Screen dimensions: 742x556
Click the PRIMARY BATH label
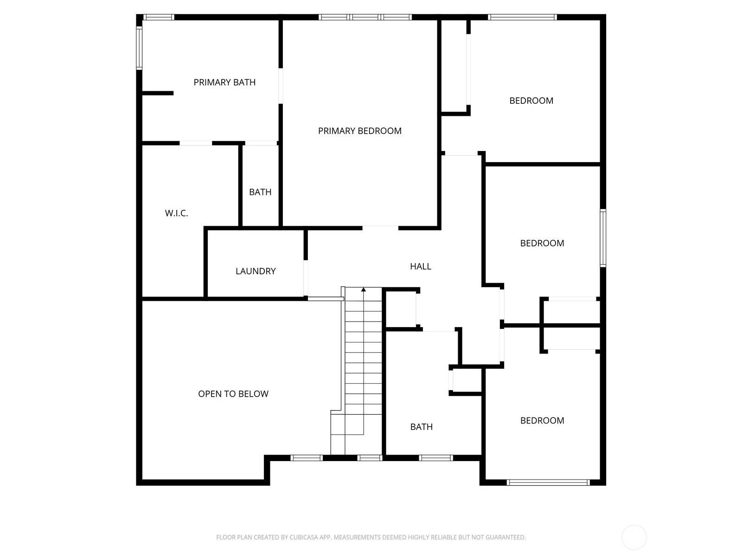click(224, 82)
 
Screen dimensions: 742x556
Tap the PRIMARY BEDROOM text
click(360, 131)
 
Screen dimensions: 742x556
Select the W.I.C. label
click(177, 213)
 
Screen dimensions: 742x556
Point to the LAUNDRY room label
click(256, 271)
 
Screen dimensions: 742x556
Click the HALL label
click(421, 266)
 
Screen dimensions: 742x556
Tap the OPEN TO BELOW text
click(233, 394)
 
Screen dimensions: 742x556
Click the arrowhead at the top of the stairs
click(364, 289)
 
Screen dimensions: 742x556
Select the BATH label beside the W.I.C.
click(260, 192)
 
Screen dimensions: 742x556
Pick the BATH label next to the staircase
click(421, 427)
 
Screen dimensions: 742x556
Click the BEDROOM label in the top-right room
click(531, 101)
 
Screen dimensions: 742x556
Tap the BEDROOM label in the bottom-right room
click(542, 420)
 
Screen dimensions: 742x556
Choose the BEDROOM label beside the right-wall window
click(542, 243)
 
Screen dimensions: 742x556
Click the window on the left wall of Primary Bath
click(139, 48)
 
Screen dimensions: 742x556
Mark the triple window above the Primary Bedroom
click(365, 17)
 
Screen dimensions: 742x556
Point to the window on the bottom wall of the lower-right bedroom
click(548, 482)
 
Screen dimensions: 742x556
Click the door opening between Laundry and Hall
click(306, 278)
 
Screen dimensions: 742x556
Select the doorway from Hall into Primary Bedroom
click(380, 228)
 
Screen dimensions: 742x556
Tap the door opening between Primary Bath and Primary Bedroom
click(281, 86)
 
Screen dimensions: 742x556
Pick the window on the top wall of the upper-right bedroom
click(522, 17)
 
